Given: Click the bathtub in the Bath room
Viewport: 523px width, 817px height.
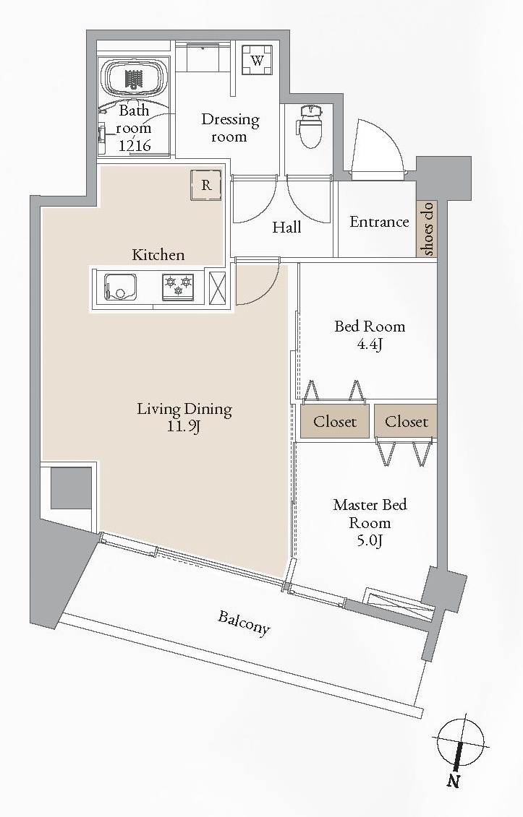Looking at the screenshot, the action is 134,77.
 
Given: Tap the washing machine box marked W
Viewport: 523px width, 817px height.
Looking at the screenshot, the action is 257,61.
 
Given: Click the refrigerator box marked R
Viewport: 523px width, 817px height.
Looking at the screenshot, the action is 206,185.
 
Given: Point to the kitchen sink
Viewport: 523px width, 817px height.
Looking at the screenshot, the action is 120,287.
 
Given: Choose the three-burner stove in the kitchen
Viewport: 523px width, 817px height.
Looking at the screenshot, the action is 178,287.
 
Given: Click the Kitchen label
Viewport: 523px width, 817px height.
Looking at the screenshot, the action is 158,255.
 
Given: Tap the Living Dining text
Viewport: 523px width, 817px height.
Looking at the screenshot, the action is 184,410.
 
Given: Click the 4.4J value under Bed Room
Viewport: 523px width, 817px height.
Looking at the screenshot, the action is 370,344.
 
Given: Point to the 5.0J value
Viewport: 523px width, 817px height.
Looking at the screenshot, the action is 370,541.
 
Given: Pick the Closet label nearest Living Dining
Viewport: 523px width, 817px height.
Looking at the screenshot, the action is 335,422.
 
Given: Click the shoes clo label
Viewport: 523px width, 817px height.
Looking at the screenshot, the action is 428,229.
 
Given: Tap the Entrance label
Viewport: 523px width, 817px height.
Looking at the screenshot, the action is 379,222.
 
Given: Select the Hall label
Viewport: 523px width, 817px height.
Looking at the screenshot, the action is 286,227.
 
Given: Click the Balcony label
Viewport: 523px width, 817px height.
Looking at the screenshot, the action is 244,623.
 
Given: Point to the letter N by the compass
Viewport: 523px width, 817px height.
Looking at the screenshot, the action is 453,781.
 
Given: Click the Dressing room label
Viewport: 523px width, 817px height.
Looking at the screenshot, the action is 230,128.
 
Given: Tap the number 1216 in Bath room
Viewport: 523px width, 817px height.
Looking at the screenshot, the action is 135,145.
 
